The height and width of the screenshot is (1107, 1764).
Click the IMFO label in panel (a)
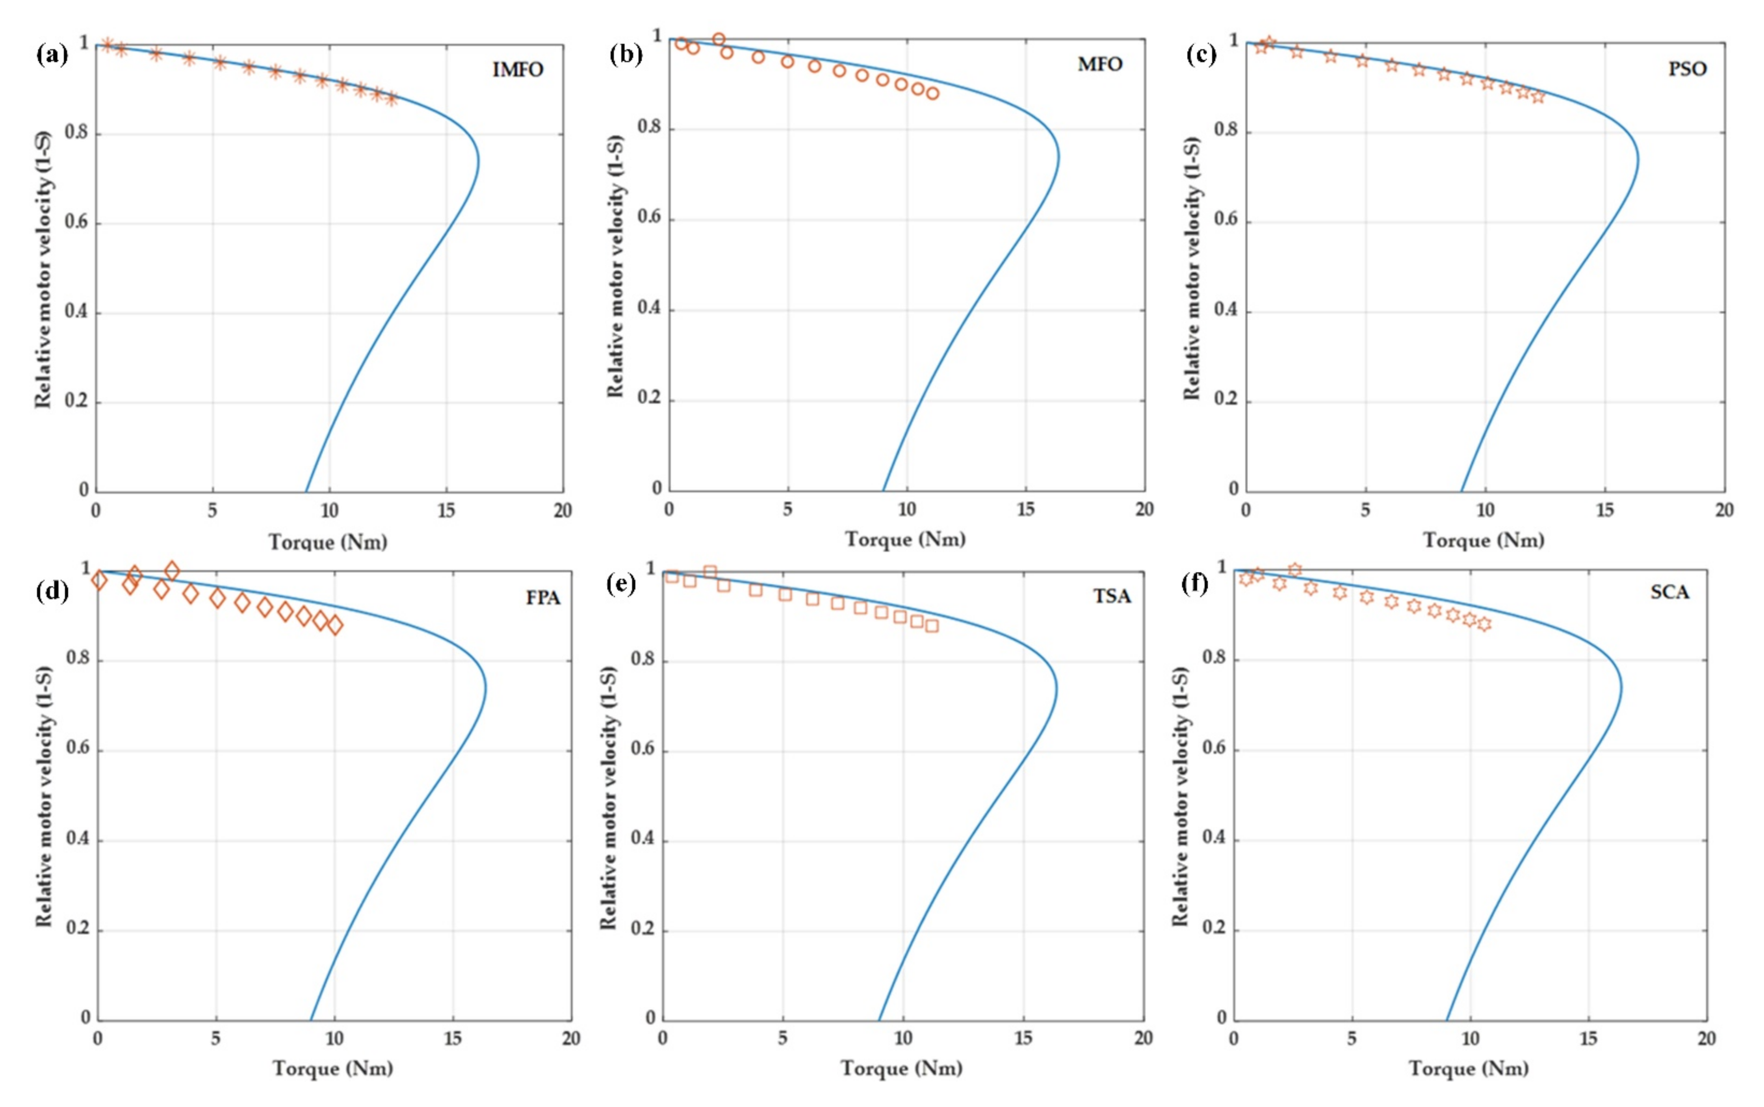tap(518, 70)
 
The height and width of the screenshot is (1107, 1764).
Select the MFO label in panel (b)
tap(1099, 65)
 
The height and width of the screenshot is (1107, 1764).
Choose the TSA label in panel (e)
tap(1112, 597)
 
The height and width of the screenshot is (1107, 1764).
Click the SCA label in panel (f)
tap(1669, 592)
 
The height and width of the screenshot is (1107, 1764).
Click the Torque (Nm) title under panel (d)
tap(333, 1068)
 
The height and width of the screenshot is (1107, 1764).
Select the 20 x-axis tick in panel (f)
tap(1706, 1038)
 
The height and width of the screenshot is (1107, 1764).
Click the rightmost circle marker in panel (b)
tap(932, 93)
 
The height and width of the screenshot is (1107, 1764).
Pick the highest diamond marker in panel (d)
tap(172, 570)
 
